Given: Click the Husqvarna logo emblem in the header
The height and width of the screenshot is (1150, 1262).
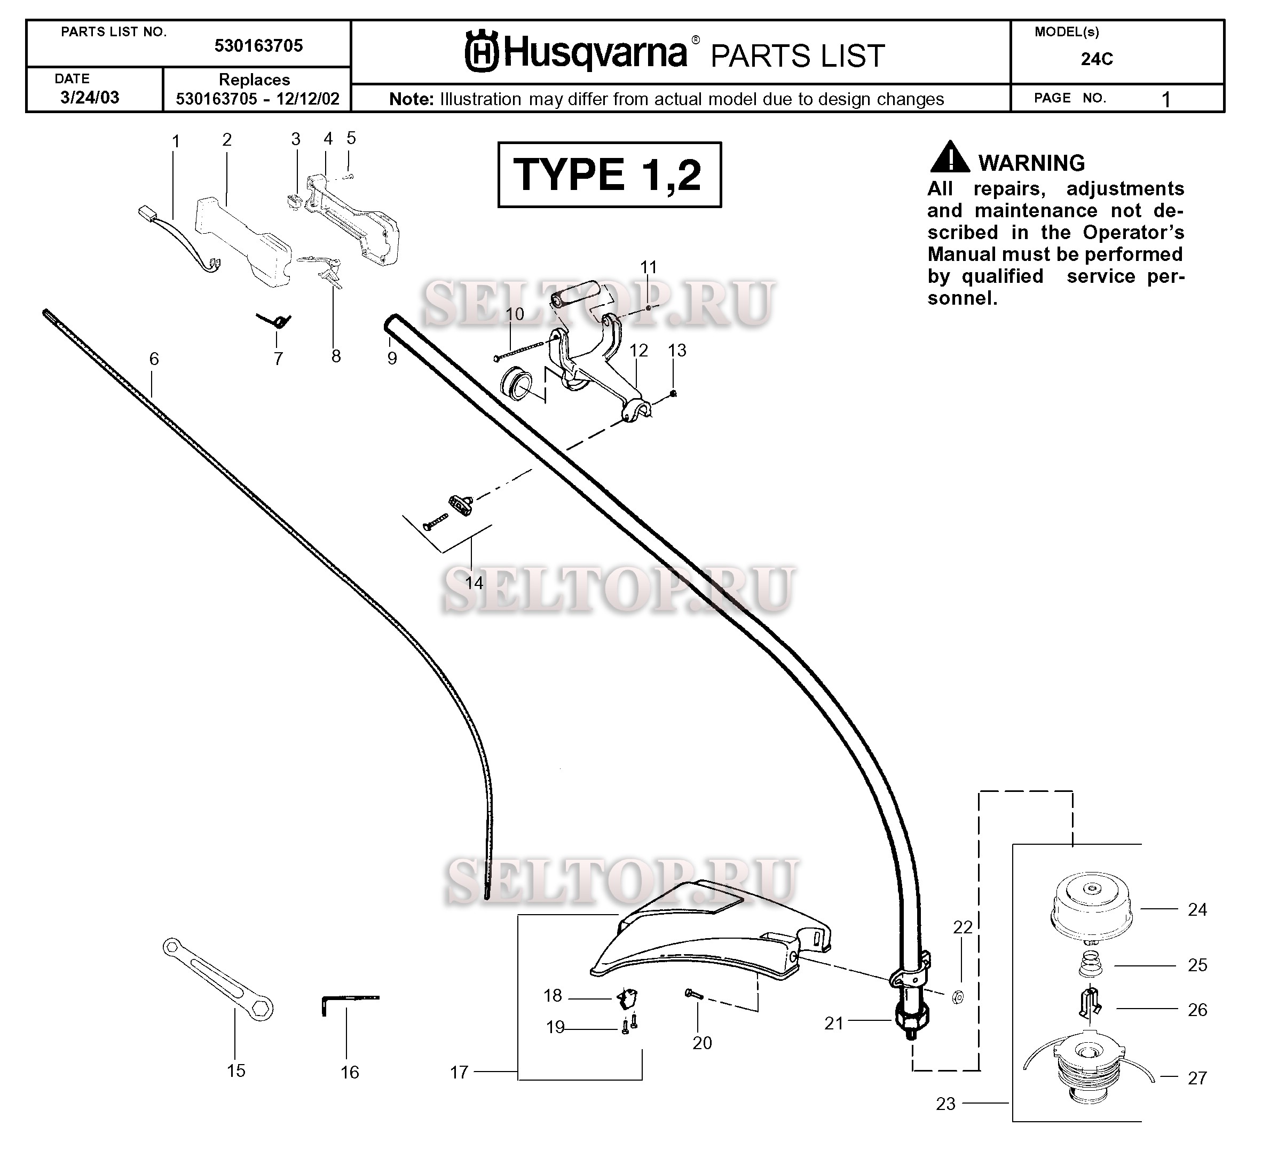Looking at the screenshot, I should pyautogui.click(x=482, y=53).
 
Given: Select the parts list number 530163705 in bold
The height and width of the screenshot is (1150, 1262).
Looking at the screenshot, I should pyautogui.click(x=258, y=46).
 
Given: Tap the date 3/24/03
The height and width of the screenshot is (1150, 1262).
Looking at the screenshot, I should pyautogui.click(x=90, y=98).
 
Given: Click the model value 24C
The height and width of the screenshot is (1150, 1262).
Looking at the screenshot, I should pyautogui.click(x=1097, y=59).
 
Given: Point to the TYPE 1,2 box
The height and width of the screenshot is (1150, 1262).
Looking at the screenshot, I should pyautogui.click(x=609, y=175).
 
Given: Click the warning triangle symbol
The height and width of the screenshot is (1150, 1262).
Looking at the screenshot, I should pyautogui.click(x=950, y=157).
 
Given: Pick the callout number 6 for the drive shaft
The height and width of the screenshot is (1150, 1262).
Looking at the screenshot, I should pyautogui.click(x=154, y=359).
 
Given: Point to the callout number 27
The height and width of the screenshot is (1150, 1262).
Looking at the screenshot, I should pyautogui.click(x=1197, y=1077).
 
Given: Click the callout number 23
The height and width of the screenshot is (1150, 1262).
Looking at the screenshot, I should pyautogui.click(x=945, y=1104).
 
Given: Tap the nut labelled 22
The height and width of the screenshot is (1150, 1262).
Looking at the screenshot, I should pyautogui.click(x=958, y=997).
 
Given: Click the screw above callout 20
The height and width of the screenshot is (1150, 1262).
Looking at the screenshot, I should pyautogui.click(x=694, y=994).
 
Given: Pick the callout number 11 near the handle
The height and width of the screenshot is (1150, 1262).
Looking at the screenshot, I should pyautogui.click(x=649, y=267).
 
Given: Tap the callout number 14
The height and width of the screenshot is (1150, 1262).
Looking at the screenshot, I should pyautogui.click(x=474, y=583).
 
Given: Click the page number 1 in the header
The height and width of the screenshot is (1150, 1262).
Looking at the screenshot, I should pyautogui.click(x=1165, y=99).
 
